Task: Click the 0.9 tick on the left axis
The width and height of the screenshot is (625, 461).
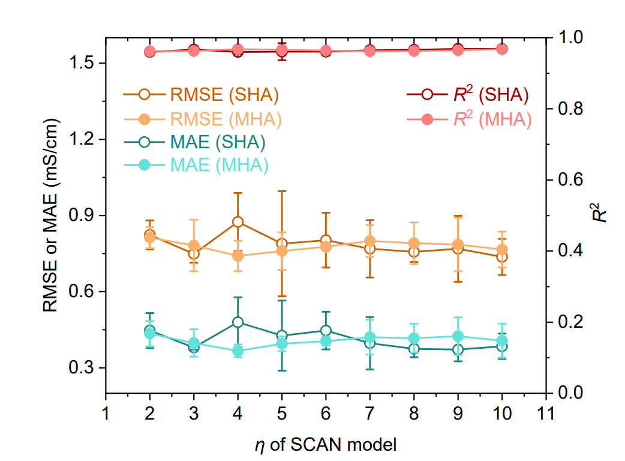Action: tap(82, 215)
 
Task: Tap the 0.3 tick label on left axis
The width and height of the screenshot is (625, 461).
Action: tap(82, 367)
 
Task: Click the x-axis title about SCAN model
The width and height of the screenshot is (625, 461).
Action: tap(324, 445)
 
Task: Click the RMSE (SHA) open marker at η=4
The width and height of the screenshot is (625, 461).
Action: tap(238, 222)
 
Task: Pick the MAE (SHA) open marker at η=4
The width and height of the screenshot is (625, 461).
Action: tap(238, 322)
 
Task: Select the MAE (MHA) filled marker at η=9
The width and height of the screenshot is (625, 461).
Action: tap(458, 336)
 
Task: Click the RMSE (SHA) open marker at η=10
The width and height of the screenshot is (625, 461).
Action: tap(501, 257)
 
